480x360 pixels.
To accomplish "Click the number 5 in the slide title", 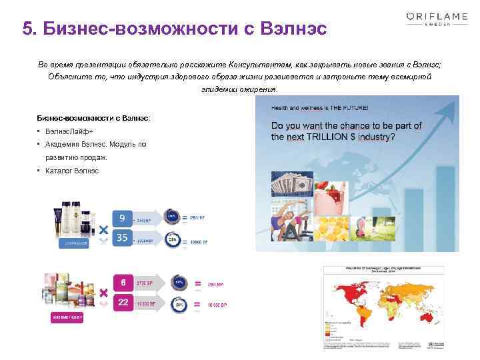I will click(x=28, y=29).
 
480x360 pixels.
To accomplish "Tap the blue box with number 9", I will click(x=121, y=218).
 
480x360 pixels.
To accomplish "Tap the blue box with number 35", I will click(x=121, y=238).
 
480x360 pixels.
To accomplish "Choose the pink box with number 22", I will click(x=122, y=302).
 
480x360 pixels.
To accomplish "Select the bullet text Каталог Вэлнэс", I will click(x=72, y=171).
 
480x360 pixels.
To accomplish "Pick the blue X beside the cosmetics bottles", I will click(x=103, y=229).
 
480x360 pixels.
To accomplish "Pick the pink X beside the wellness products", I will click(x=103, y=293).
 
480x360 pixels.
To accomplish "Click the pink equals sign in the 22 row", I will click(x=197, y=305).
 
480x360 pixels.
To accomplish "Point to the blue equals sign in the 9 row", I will click(x=197, y=217).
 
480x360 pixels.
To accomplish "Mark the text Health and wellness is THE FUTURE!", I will click(x=319, y=107).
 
